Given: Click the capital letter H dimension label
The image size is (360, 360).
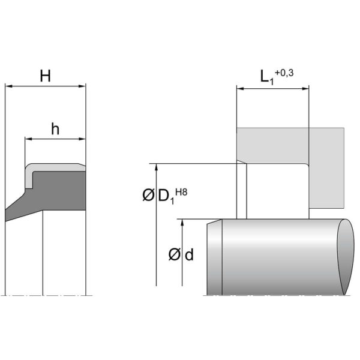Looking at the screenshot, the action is [x=45, y=76].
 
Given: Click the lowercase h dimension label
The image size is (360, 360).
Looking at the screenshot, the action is [x=55, y=129].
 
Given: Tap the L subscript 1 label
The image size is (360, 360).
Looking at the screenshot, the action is [x=267, y=77].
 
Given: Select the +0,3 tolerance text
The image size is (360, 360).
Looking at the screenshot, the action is [x=284, y=73].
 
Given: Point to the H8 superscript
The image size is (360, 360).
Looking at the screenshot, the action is [x=181, y=192].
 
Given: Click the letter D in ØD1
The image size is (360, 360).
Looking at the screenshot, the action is [x=164, y=196].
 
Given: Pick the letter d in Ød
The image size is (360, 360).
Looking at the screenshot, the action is [x=189, y=254].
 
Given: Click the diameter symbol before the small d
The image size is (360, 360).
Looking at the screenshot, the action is [x=175, y=254].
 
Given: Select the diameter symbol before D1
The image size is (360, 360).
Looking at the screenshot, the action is [x=148, y=196].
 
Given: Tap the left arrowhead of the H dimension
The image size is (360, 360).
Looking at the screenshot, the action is [x=8, y=86].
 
